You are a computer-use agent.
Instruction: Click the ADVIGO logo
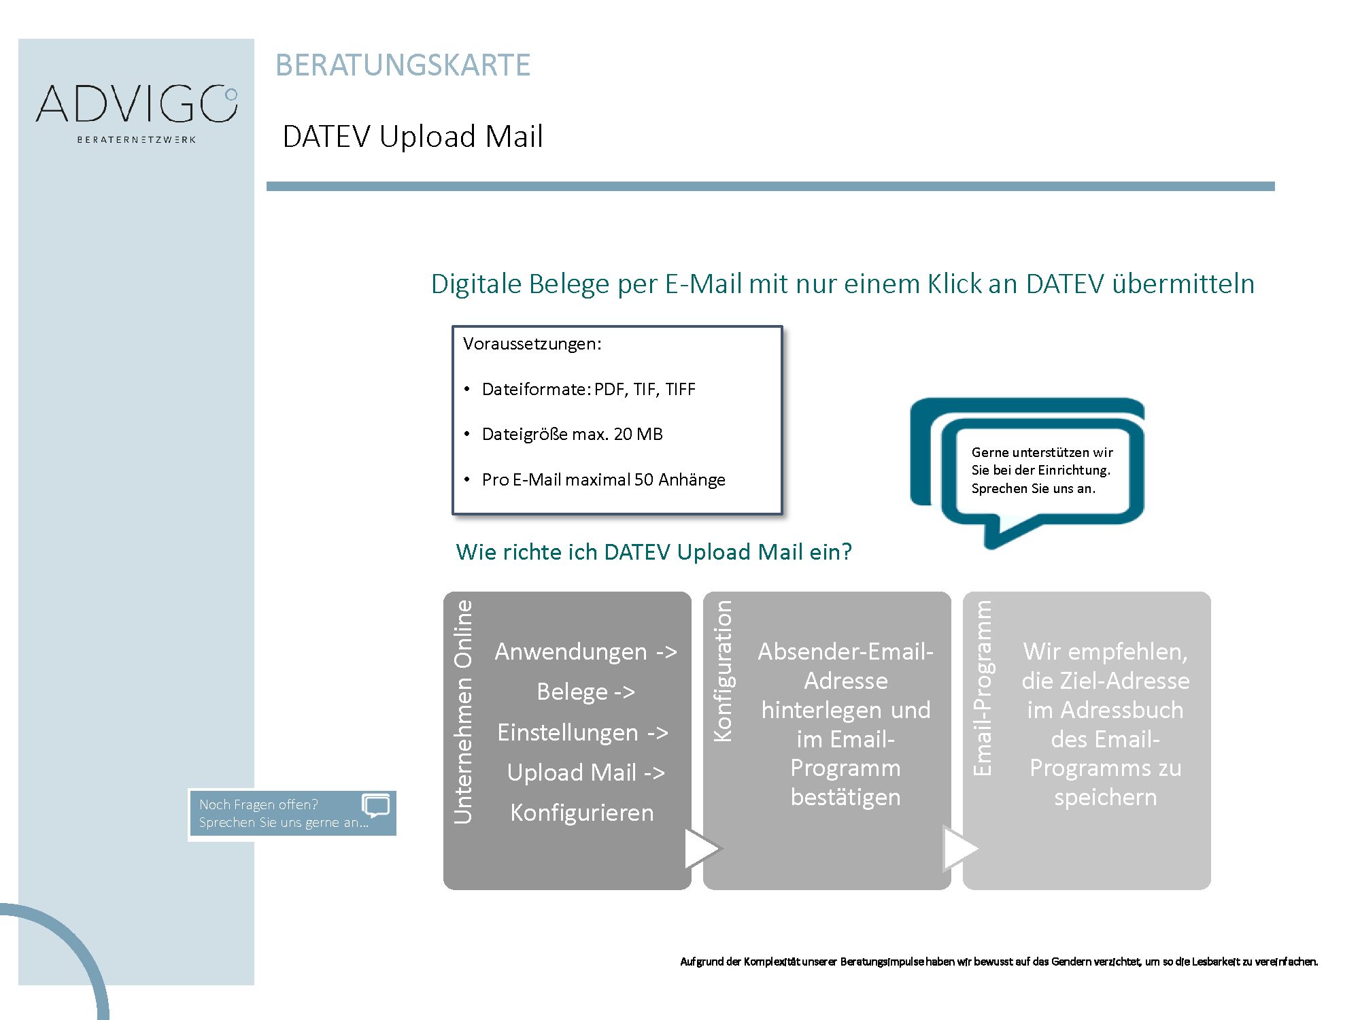(x=137, y=113)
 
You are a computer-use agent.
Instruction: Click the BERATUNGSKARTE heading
(x=403, y=65)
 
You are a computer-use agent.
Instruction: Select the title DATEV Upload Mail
(x=413, y=136)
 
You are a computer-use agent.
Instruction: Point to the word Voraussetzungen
(x=532, y=344)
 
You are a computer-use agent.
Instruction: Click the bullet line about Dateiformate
(x=588, y=389)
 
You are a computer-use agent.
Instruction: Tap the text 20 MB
(x=638, y=434)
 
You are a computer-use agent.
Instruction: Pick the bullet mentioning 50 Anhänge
(x=603, y=479)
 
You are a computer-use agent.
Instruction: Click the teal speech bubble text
(x=1042, y=470)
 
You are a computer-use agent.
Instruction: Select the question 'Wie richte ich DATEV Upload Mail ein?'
(x=653, y=551)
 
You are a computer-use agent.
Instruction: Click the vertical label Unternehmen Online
(x=463, y=711)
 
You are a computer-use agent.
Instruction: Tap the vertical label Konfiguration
(x=723, y=670)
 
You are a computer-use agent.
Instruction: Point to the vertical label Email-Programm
(x=983, y=688)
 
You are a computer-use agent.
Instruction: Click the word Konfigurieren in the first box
(x=582, y=813)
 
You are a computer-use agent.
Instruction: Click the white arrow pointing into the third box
(x=959, y=848)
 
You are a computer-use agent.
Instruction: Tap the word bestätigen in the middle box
(x=845, y=797)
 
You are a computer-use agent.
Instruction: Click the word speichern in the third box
(x=1105, y=797)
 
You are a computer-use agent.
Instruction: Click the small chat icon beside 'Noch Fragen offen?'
(x=376, y=806)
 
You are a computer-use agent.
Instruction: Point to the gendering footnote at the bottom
(x=999, y=962)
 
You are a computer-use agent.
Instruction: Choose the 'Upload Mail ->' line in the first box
(x=585, y=772)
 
